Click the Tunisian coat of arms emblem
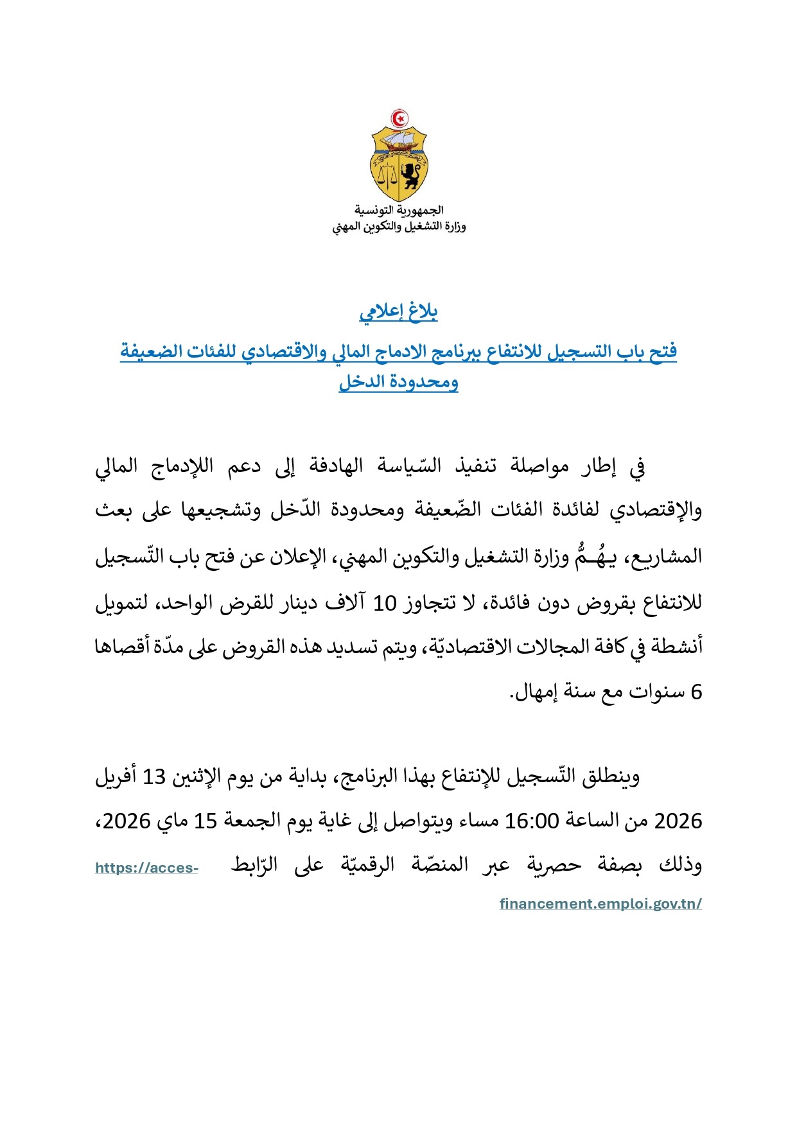click(399, 157)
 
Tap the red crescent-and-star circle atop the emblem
click(399, 118)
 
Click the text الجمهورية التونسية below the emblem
click(399, 210)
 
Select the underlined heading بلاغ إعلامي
click(399, 312)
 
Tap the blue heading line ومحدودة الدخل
click(399, 382)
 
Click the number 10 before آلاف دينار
click(385, 604)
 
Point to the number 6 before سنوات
click(696, 692)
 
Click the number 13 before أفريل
click(154, 778)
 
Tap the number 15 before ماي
click(206, 821)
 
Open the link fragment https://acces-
click(146, 868)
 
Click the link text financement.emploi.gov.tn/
click(600, 904)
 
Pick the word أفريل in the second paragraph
click(116, 778)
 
